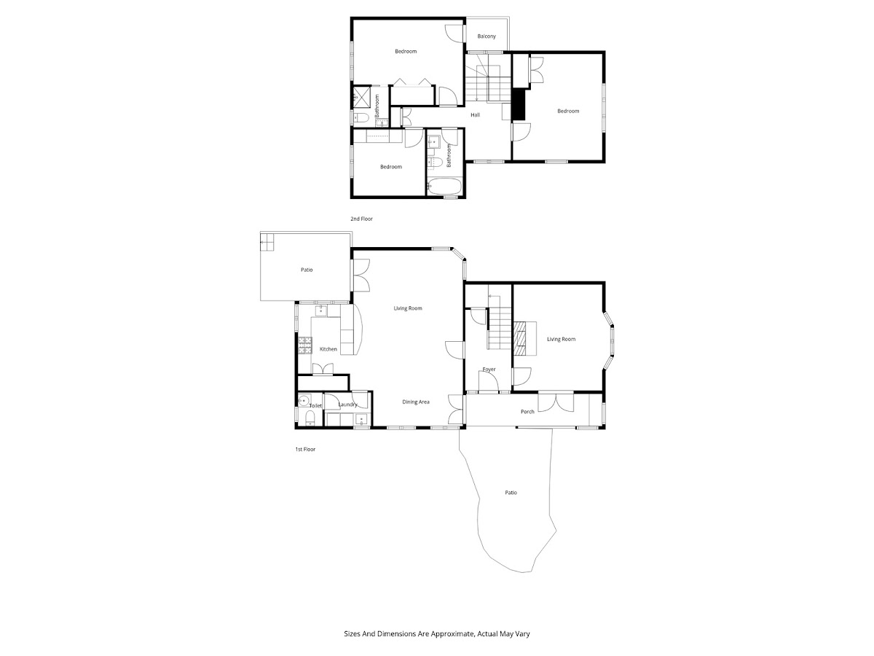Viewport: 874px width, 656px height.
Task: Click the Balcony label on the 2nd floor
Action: coord(487,36)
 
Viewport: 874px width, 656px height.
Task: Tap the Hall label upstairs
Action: coord(475,114)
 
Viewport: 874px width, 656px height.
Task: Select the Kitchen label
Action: coord(328,349)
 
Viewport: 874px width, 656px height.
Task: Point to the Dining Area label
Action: coord(416,402)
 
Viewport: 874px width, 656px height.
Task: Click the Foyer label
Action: coord(489,370)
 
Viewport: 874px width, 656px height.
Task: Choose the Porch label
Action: coord(527,411)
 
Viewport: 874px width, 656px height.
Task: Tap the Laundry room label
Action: coord(347,405)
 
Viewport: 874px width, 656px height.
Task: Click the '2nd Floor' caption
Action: coord(361,219)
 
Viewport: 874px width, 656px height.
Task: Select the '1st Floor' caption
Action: coord(305,449)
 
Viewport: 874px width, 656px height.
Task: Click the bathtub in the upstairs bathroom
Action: coord(444,187)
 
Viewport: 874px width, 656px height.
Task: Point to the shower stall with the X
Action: coord(361,97)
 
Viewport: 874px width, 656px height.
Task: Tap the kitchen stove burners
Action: coord(305,345)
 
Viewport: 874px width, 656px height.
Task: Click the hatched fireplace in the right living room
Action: coord(519,338)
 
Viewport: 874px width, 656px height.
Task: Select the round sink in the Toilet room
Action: coord(304,400)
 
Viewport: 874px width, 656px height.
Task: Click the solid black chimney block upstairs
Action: coord(518,104)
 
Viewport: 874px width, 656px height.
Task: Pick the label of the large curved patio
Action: coord(511,493)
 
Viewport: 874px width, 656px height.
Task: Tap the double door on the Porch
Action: coord(556,402)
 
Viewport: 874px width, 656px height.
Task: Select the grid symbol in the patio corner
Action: coord(267,242)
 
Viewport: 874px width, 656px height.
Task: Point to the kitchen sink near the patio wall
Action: coord(321,311)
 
